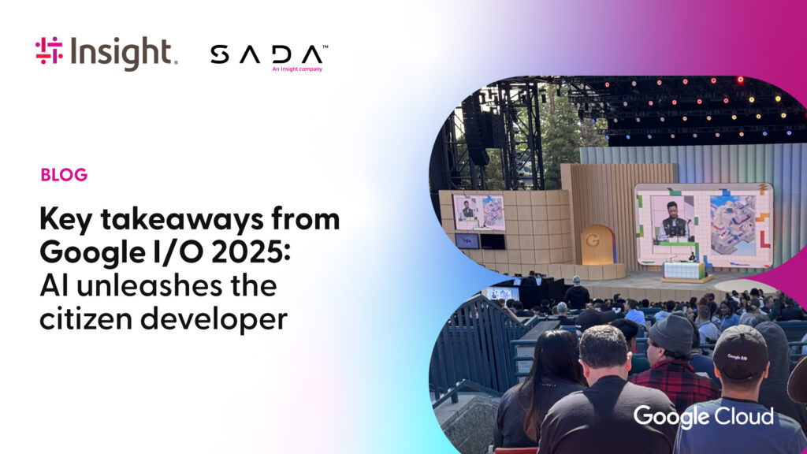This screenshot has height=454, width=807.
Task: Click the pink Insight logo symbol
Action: point(49,50)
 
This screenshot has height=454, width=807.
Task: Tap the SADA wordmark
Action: point(266,54)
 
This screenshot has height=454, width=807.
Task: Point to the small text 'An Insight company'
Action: point(297,69)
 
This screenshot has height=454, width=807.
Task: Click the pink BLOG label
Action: point(65,175)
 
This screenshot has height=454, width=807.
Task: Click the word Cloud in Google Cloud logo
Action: point(746,416)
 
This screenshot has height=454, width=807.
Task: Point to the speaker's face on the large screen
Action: point(671,210)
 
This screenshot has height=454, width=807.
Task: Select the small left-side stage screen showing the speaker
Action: point(478,212)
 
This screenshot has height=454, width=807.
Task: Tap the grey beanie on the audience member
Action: point(671,333)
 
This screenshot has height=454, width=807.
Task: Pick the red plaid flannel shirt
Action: point(675,382)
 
